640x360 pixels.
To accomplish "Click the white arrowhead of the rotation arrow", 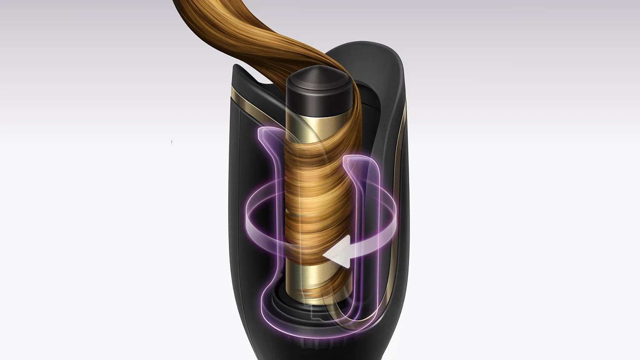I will pos(335,255).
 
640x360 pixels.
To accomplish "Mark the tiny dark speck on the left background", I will pos(172,141).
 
